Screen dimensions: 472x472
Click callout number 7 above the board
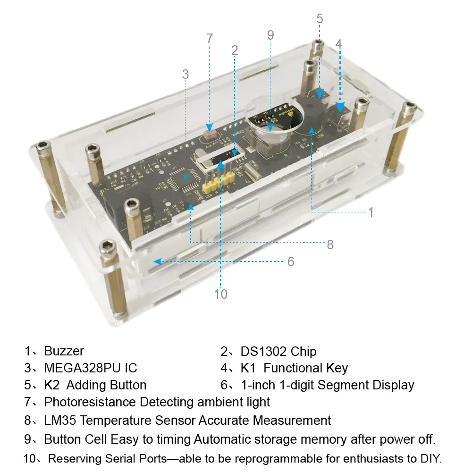(x=210, y=39)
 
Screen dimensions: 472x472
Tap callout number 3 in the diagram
(x=185, y=74)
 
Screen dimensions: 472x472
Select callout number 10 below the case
(x=220, y=294)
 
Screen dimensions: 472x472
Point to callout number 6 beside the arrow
(x=291, y=261)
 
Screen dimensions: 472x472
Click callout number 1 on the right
(x=371, y=212)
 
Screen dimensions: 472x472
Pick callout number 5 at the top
(x=320, y=18)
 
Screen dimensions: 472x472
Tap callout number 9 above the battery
(x=270, y=35)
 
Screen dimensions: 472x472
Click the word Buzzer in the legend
(x=64, y=351)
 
